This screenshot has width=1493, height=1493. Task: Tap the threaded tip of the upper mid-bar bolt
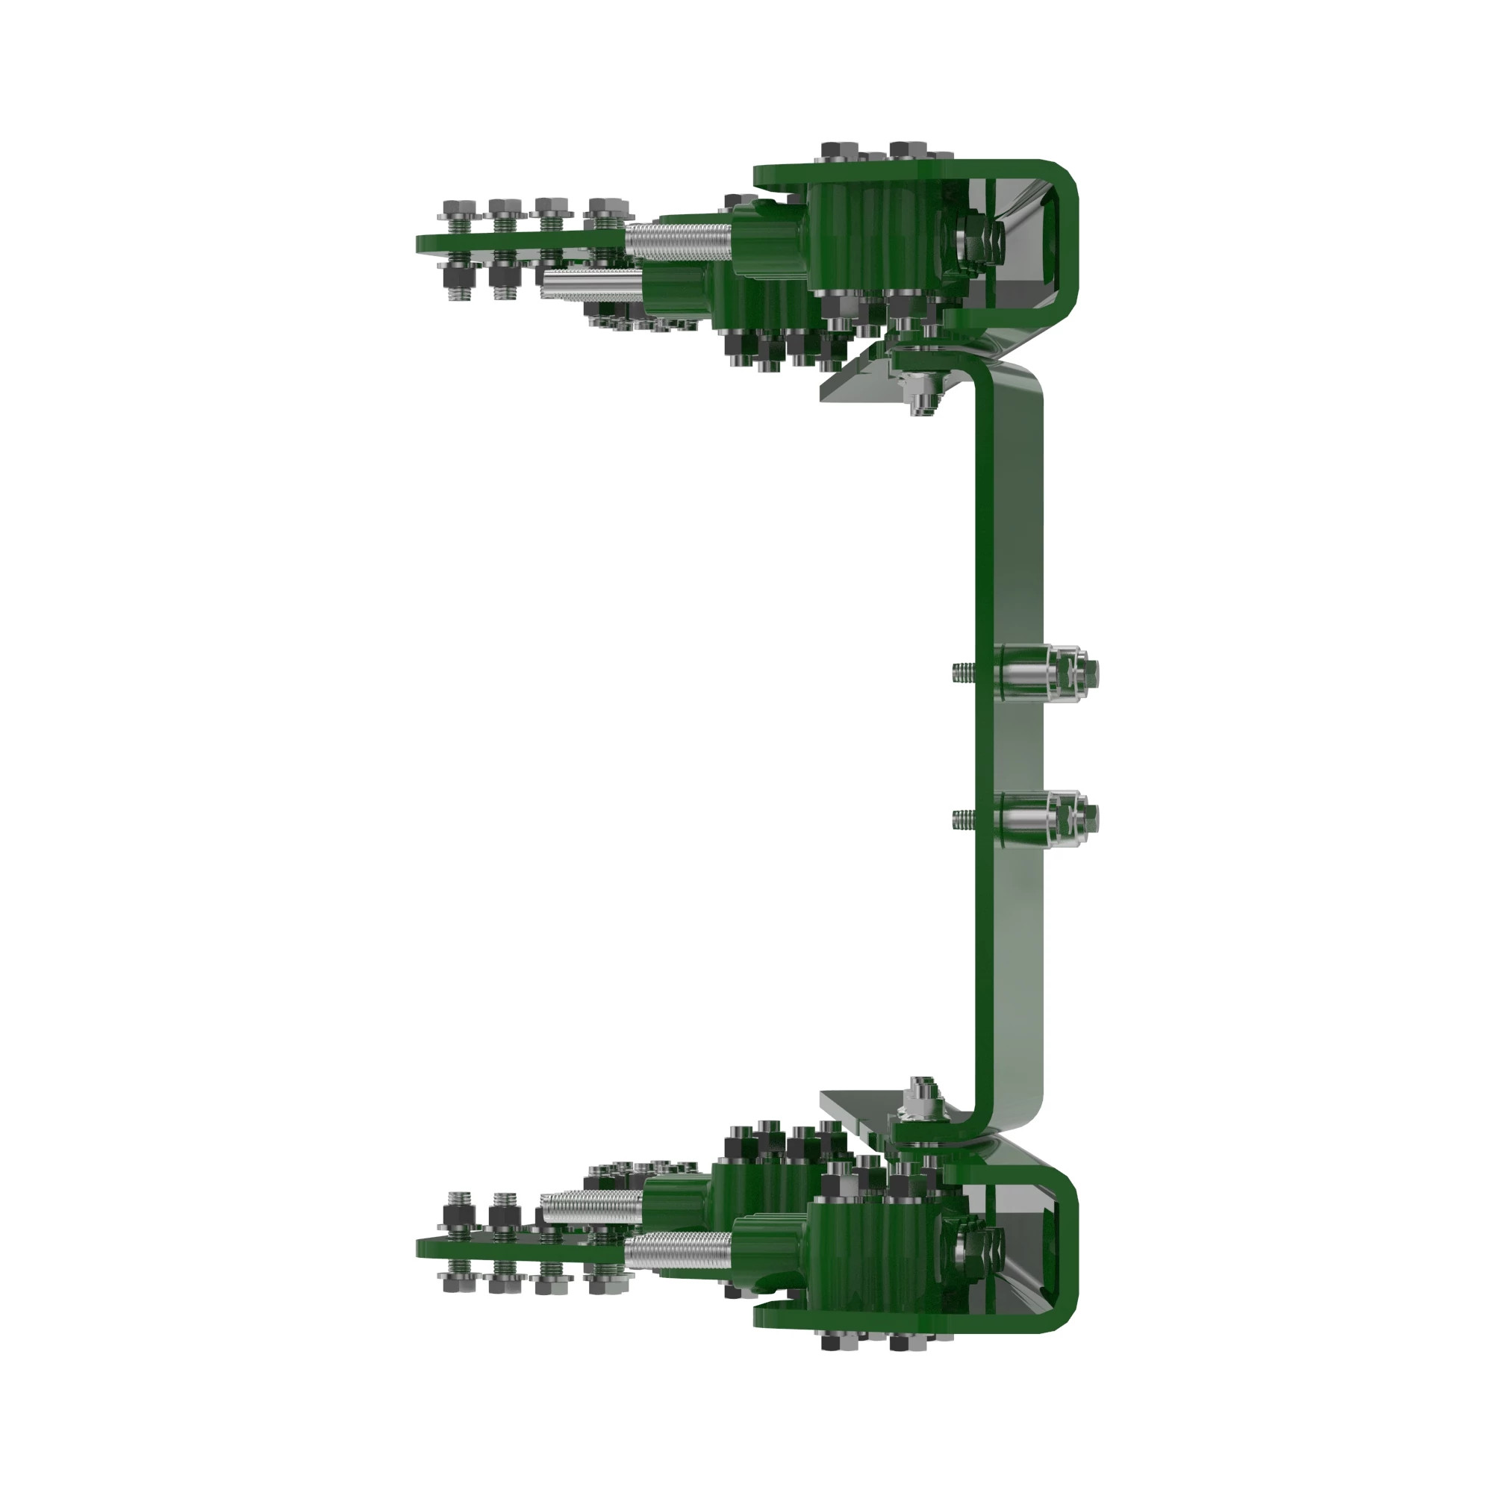click(961, 672)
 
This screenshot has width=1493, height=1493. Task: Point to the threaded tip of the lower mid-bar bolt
click(961, 817)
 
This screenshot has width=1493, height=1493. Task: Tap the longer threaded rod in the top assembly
click(677, 240)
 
